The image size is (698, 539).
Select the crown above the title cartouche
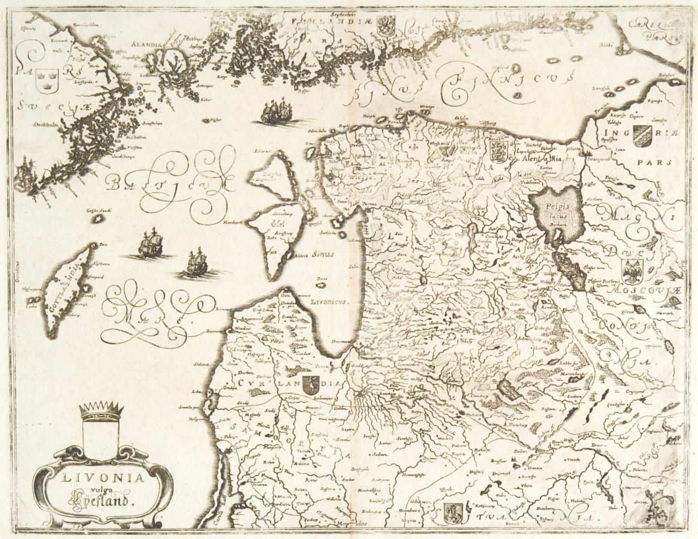(x=101, y=411)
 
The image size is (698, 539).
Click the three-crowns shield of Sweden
(x=40, y=80)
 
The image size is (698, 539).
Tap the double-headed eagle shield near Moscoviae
(x=631, y=271)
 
